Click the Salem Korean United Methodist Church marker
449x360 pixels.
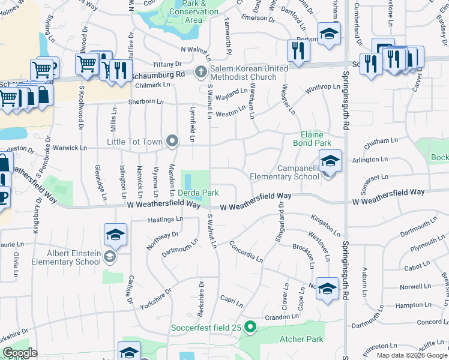[200, 73]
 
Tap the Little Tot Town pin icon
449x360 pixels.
[172, 142]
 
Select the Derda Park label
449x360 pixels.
[197, 193]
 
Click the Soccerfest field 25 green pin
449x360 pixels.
[251, 328]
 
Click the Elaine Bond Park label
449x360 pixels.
[312, 139]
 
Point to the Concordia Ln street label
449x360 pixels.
[246, 251]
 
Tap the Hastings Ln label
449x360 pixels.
[163, 220]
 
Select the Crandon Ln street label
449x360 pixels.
[282, 317]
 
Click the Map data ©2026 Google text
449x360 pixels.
[411, 355]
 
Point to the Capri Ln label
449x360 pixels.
[231, 302]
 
